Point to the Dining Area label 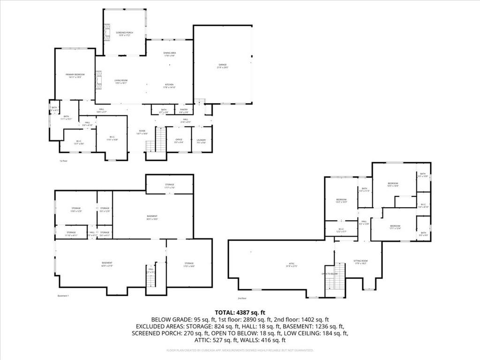click(169, 54)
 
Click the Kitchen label click(169, 86)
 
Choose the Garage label click(222, 66)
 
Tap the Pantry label click(184, 111)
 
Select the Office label click(179, 140)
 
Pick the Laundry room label click(202, 140)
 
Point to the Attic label click(291, 265)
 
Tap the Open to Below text click(329, 274)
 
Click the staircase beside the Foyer click(160, 140)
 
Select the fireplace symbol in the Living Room click(99, 80)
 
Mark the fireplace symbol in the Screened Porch click(106, 32)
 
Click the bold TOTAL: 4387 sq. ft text click(240, 312)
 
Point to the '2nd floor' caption click(242, 298)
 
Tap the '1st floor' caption click(63, 161)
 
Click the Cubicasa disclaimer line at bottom click(240, 350)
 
